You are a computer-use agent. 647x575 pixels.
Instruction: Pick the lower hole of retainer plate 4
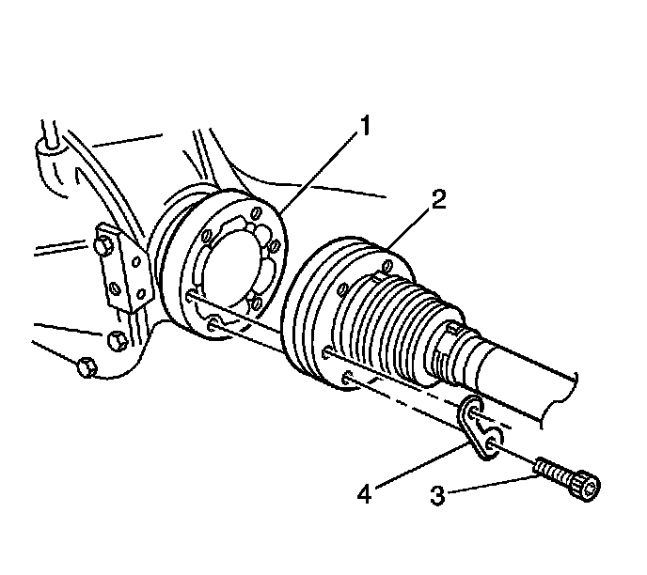[495, 437]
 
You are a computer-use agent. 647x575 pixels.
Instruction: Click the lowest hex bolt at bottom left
[86, 365]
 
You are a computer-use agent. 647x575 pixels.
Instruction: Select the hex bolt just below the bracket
[116, 339]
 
